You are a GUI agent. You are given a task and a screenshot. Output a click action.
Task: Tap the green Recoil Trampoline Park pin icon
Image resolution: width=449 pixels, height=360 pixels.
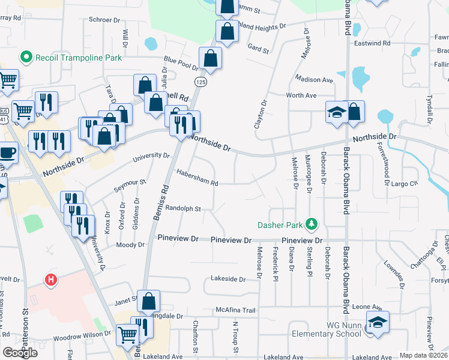(26, 58)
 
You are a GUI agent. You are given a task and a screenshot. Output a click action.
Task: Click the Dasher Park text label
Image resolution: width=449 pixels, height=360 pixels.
(280, 226)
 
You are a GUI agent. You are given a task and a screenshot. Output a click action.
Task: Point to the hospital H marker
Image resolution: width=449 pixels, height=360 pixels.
(52, 280)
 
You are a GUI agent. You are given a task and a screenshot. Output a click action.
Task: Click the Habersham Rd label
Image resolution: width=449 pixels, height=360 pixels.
(197, 177)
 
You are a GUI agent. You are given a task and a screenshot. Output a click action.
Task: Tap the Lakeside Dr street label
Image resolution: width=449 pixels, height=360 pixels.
(228, 279)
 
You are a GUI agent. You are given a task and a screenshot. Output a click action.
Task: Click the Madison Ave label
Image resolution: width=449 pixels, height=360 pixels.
(314, 79)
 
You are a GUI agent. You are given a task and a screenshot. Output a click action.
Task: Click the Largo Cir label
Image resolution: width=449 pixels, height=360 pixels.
(405, 184)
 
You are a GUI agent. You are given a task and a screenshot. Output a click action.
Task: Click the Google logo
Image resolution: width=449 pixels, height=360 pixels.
(20, 352)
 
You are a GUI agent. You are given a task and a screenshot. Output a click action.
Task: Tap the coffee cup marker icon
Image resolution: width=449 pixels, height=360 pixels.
(7, 153)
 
